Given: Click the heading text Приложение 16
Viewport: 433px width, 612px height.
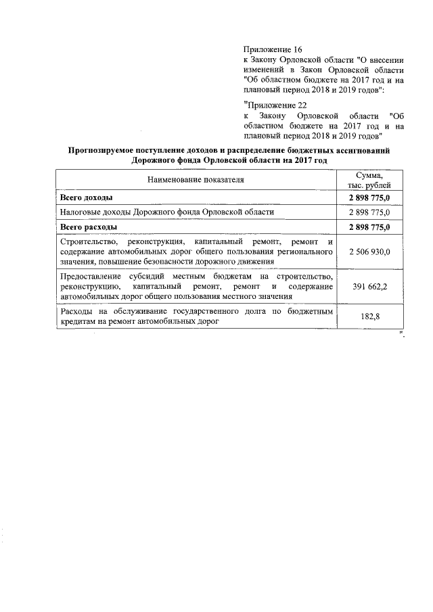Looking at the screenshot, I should coord(273,49).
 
